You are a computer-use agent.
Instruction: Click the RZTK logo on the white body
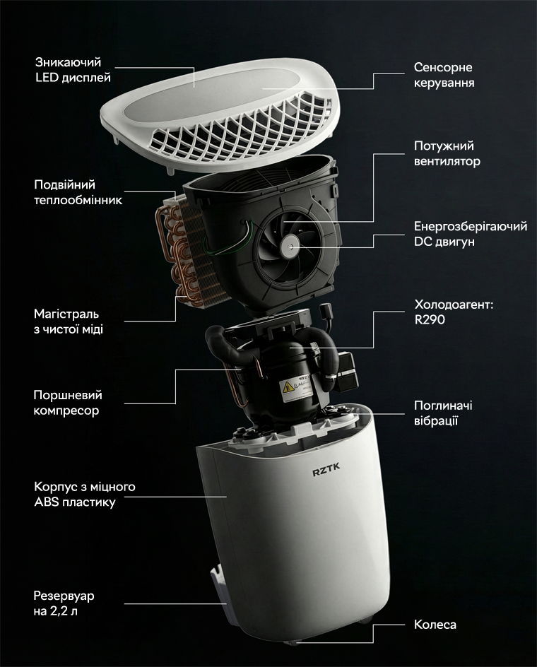326,471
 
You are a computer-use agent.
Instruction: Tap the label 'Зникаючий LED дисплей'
73,70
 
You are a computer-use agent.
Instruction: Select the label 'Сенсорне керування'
444,75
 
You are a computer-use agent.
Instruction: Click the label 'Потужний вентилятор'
447,153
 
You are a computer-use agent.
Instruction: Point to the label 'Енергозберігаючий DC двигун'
471,234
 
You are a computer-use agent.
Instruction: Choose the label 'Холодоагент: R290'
454,312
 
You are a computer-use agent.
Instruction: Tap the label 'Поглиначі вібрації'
443,413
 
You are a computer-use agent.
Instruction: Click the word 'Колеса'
435,625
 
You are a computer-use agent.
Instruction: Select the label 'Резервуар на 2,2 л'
64,603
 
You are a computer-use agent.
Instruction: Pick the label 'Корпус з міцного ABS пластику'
85,494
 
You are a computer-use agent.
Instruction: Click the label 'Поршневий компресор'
68,403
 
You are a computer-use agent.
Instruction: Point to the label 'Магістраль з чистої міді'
68,321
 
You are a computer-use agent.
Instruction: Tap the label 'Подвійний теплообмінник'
78,192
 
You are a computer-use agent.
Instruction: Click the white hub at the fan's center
290,245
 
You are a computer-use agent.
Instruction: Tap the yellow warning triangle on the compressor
288,386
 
